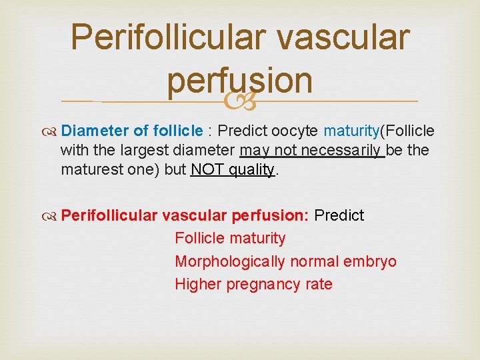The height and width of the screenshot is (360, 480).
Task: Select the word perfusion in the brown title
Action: pos(239,80)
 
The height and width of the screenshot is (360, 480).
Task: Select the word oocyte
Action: pos(295,131)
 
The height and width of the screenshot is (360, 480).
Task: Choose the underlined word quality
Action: pos(252,169)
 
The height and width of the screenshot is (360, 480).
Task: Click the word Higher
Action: pos(198,284)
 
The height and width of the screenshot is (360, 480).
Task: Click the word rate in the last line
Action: pos(319,284)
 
